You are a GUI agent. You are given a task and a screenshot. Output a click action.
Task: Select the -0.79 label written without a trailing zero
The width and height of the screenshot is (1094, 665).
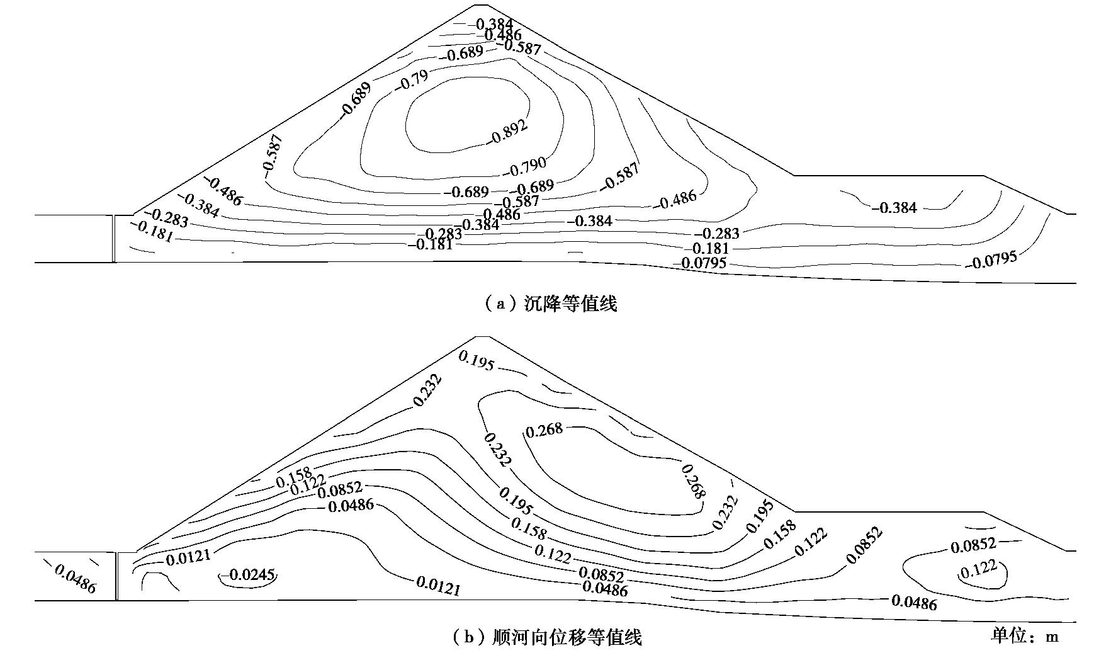coord(413,79)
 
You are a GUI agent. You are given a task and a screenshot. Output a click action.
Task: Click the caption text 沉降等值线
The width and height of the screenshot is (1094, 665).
coord(574,304)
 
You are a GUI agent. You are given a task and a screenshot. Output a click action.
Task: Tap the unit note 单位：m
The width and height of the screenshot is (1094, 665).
coord(1025,636)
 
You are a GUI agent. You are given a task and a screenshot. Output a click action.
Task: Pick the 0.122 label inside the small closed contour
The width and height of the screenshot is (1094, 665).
coord(978,569)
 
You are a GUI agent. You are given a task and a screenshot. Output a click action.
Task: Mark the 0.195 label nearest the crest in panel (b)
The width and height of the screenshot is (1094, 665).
coord(477,361)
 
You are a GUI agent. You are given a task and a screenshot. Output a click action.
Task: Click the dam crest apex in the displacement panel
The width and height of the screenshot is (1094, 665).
coord(490,336)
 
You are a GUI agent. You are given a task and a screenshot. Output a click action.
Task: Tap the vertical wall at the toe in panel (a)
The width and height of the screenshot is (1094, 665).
coord(114,238)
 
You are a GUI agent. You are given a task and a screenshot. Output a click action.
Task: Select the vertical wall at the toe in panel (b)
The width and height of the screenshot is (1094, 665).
coord(117,576)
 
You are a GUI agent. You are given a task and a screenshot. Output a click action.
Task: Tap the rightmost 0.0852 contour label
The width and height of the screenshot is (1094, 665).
coord(974,545)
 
